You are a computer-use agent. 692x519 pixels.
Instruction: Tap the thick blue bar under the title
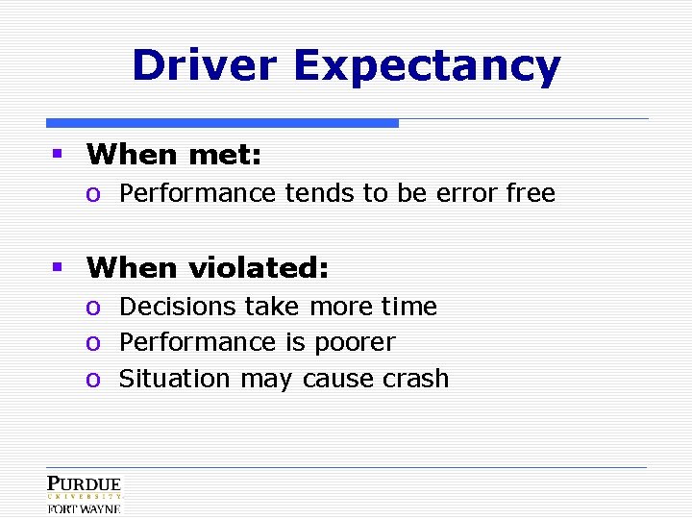(x=222, y=123)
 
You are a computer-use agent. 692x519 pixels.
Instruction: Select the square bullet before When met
(x=58, y=153)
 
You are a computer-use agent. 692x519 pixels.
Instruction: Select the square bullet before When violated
(x=58, y=266)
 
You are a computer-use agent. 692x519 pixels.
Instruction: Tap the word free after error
(x=531, y=193)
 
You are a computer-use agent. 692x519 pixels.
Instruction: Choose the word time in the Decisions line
(x=409, y=307)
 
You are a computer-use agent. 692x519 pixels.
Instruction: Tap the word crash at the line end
(x=416, y=379)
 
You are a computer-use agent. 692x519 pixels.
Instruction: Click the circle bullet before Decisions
(x=93, y=308)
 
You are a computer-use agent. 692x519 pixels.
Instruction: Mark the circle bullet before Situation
(x=93, y=380)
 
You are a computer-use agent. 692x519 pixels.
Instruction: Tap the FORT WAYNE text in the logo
(x=85, y=508)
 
